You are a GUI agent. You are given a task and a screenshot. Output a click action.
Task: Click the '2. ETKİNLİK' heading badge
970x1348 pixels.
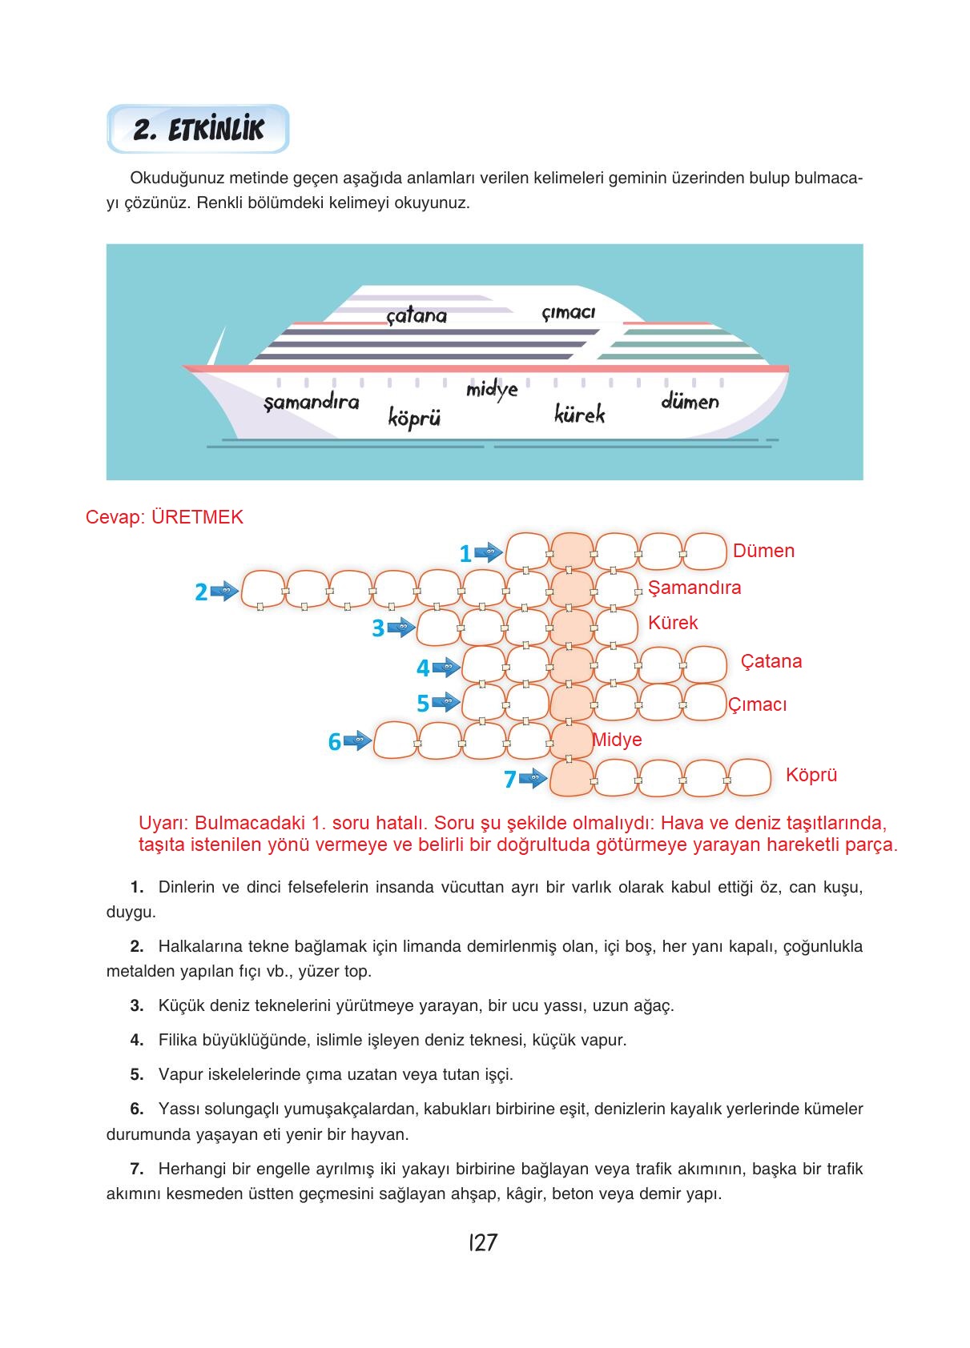(198, 129)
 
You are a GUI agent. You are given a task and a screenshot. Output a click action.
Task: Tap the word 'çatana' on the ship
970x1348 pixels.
(417, 315)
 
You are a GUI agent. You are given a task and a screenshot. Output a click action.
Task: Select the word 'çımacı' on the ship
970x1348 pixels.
(568, 312)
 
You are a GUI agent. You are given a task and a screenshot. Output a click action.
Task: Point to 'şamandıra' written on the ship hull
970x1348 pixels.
(312, 402)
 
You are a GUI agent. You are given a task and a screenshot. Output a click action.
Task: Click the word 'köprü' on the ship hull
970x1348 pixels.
(414, 417)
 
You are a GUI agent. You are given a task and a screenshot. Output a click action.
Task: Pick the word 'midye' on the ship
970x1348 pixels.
(492, 389)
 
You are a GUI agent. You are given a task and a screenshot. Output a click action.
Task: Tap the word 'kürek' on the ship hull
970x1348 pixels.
(579, 414)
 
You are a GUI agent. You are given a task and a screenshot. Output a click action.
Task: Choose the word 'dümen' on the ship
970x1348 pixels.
(690, 401)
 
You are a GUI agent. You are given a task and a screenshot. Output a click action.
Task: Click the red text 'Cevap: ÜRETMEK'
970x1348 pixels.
(164, 517)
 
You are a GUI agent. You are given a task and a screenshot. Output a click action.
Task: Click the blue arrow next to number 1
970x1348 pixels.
(488, 552)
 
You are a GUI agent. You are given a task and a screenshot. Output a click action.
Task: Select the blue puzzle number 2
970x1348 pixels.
(201, 592)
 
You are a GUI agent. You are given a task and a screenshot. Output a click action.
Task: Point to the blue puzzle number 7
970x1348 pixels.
(509, 779)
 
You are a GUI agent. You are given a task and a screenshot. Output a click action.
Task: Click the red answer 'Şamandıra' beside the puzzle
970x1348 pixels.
(694, 588)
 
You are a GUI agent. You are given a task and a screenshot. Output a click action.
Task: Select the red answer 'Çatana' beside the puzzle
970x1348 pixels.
(771, 661)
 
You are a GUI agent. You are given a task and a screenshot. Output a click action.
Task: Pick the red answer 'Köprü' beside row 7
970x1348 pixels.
(811, 775)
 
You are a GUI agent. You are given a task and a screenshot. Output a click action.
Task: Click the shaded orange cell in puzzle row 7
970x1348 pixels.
(572, 777)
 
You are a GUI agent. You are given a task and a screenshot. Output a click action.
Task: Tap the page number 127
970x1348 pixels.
(483, 1242)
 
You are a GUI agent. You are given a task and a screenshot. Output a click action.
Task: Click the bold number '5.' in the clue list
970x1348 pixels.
(137, 1074)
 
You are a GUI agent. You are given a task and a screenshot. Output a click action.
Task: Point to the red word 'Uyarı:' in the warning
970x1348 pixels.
(163, 823)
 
